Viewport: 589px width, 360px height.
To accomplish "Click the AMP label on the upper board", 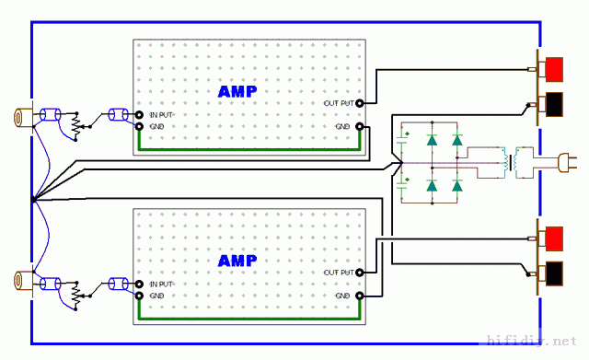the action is click(237, 92).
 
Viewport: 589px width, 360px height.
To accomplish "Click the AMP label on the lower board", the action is click(237, 261).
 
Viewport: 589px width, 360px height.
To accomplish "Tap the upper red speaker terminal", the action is click(554, 70).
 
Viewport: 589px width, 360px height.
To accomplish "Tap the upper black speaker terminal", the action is click(554, 104).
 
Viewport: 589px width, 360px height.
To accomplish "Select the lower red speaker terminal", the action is click(554, 238).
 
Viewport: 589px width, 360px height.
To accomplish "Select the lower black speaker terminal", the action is click(554, 273).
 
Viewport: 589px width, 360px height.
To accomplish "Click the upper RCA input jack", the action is click(22, 117).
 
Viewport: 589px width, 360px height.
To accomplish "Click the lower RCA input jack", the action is click(22, 280).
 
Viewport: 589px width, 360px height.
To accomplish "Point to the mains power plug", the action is click(567, 163).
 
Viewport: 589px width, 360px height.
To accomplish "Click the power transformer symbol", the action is click(511, 162).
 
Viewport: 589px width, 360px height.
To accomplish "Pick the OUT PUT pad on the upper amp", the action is click(360, 103).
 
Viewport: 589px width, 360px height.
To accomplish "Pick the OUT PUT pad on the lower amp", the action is click(360, 273).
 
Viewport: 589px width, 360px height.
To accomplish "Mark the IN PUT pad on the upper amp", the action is click(139, 114).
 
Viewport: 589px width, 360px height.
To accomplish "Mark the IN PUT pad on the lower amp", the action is click(139, 285).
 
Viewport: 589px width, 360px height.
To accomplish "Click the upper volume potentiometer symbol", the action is click(76, 127).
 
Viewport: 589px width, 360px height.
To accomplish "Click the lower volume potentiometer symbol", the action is click(76, 296).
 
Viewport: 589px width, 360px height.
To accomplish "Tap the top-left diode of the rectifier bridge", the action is click(432, 140).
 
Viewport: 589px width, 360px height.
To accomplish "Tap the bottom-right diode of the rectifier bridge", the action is click(457, 186).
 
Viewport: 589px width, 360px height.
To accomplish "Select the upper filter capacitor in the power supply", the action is click(403, 139).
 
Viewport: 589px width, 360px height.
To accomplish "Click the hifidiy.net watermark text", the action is click(532, 341).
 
